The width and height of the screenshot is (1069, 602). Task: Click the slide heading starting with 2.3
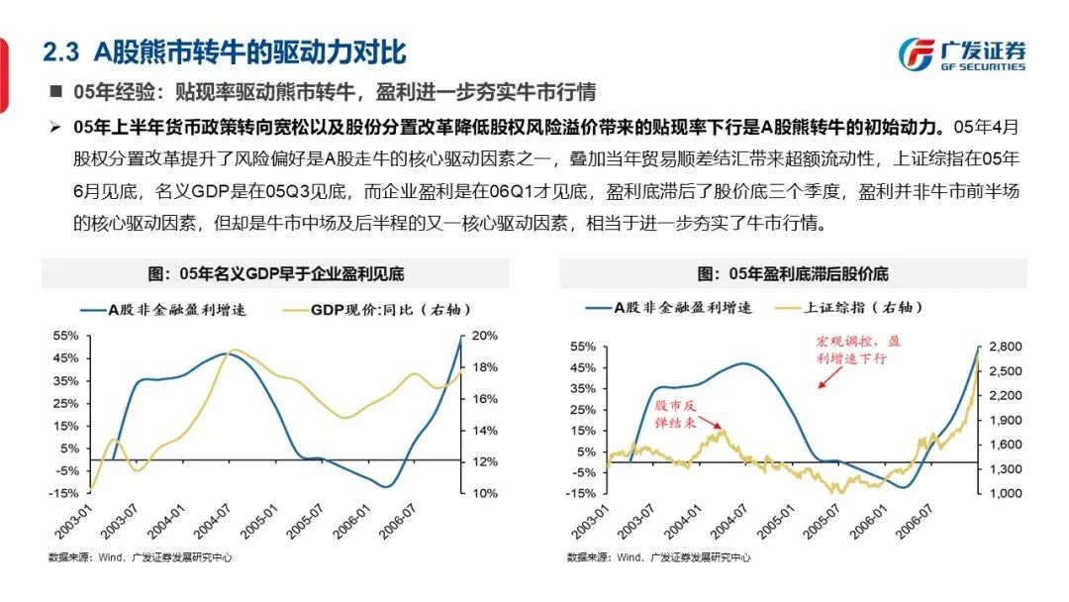[228, 50]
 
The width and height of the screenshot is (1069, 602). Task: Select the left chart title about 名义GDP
[276, 273]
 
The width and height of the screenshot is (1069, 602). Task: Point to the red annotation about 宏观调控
[857, 350]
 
